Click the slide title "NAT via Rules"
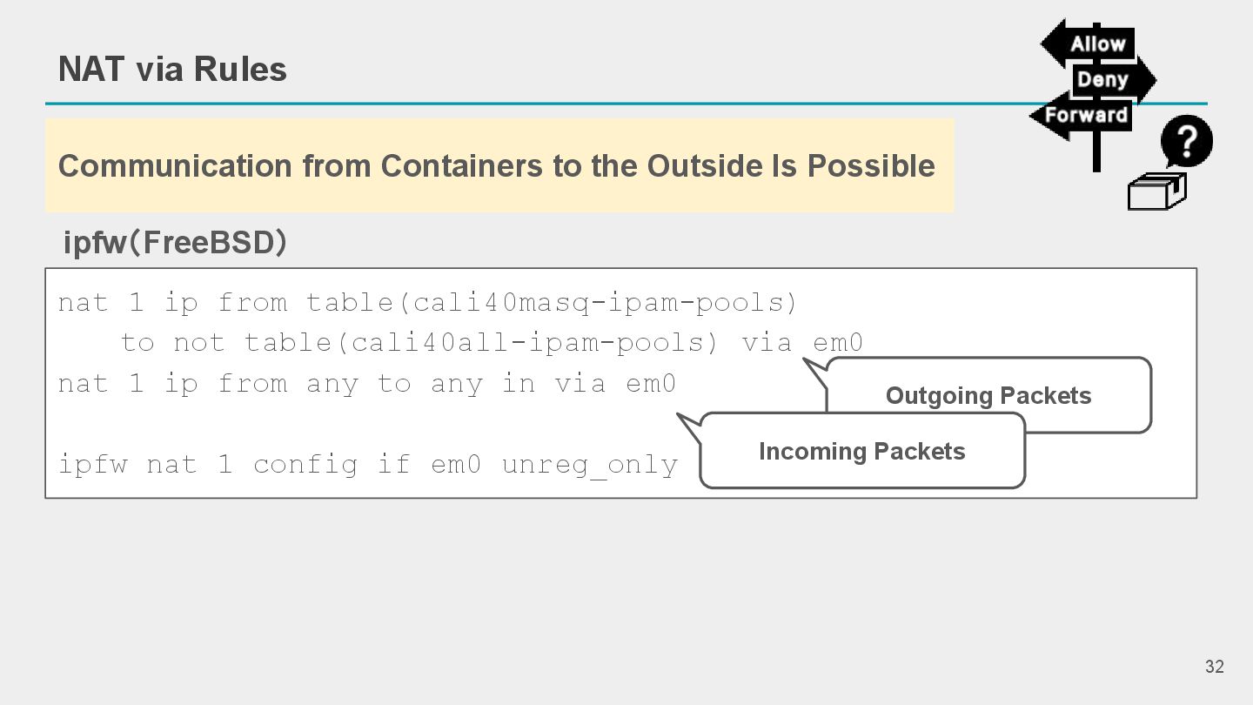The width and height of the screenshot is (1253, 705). click(172, 70)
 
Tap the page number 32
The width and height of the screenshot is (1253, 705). click(1214, 667)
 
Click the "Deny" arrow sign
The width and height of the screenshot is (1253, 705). click(1105, 80)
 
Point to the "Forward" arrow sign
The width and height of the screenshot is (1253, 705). click(1084, 116)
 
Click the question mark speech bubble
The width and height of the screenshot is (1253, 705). click(1187, 141)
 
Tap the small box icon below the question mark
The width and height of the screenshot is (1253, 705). click(1156, 191)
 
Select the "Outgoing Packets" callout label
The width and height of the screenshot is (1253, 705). click(988, 396)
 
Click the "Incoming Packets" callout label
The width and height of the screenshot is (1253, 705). click(861, 452)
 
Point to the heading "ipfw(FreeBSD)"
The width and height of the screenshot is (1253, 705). click(175, 243)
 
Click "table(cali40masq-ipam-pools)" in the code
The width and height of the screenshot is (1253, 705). click(552, 303)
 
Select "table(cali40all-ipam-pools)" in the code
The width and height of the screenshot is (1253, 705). click(481, 343)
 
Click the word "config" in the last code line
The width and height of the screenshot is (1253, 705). click(305, 465)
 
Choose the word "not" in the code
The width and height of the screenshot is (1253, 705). click(199, 343)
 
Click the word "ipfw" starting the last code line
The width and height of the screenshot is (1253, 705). click(92, 465)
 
